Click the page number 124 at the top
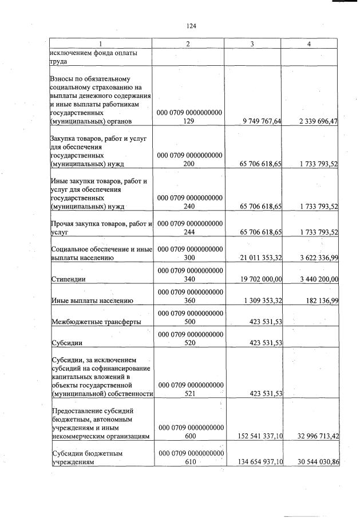tap(191, 26)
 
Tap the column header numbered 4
tap(309, 44)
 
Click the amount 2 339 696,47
tap(314, 121)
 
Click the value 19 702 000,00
tap(255, 279)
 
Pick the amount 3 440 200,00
tap(314, 279)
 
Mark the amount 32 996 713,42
tap(311, 436)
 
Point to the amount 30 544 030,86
tap(311, 462)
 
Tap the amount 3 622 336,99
tap(314, 258)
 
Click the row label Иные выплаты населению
tap(92, 300)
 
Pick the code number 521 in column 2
tap(189, 394)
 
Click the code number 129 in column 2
tap(189, 122)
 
